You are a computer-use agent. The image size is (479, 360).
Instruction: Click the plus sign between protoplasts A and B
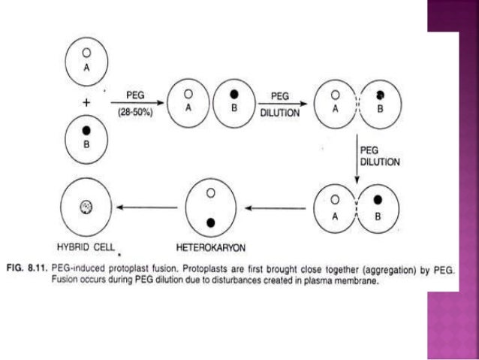tap(86, 101)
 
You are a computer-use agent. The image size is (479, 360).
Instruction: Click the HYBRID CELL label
tap(85, 246)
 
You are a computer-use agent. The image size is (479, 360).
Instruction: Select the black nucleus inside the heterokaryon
tap(211, 222)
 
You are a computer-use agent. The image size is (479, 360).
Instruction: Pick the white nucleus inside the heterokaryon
tap(211, 193)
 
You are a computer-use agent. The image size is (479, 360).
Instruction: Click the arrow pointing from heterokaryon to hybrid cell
tap(147, 208)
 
